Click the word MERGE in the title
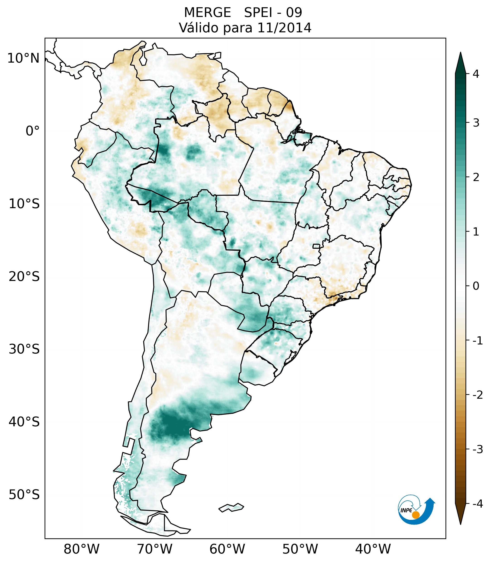tap(207, 13)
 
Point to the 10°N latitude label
tap(24, 58)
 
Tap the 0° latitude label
tap(33, 131)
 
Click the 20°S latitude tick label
tap(24, 277)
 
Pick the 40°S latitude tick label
tap(24, 422)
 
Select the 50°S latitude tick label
tap(24, 495)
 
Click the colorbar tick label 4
tap(476, 74)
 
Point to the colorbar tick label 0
tap(476, 286)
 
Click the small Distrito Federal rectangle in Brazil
tap(316, 246)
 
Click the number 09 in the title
tap(294, 13)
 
